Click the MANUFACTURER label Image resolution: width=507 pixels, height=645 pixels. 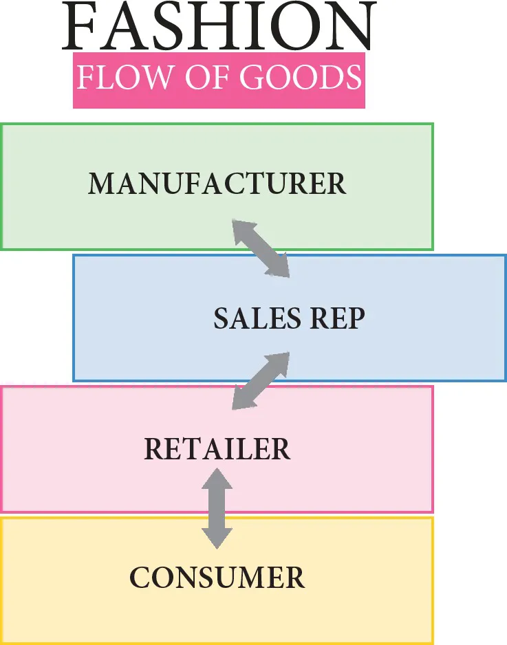point(217,184)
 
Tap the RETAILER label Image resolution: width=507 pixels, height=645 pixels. point(217,450)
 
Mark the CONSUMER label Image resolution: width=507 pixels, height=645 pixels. point(217,578)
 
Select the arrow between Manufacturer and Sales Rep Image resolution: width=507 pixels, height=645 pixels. point(261,248)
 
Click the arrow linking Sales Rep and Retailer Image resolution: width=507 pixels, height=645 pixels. point(261,381)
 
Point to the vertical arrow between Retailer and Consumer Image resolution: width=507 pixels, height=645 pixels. point(217,508)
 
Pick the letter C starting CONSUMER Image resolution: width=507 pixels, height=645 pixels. point(140,578)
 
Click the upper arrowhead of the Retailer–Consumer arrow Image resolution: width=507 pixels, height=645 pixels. point(217,479)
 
